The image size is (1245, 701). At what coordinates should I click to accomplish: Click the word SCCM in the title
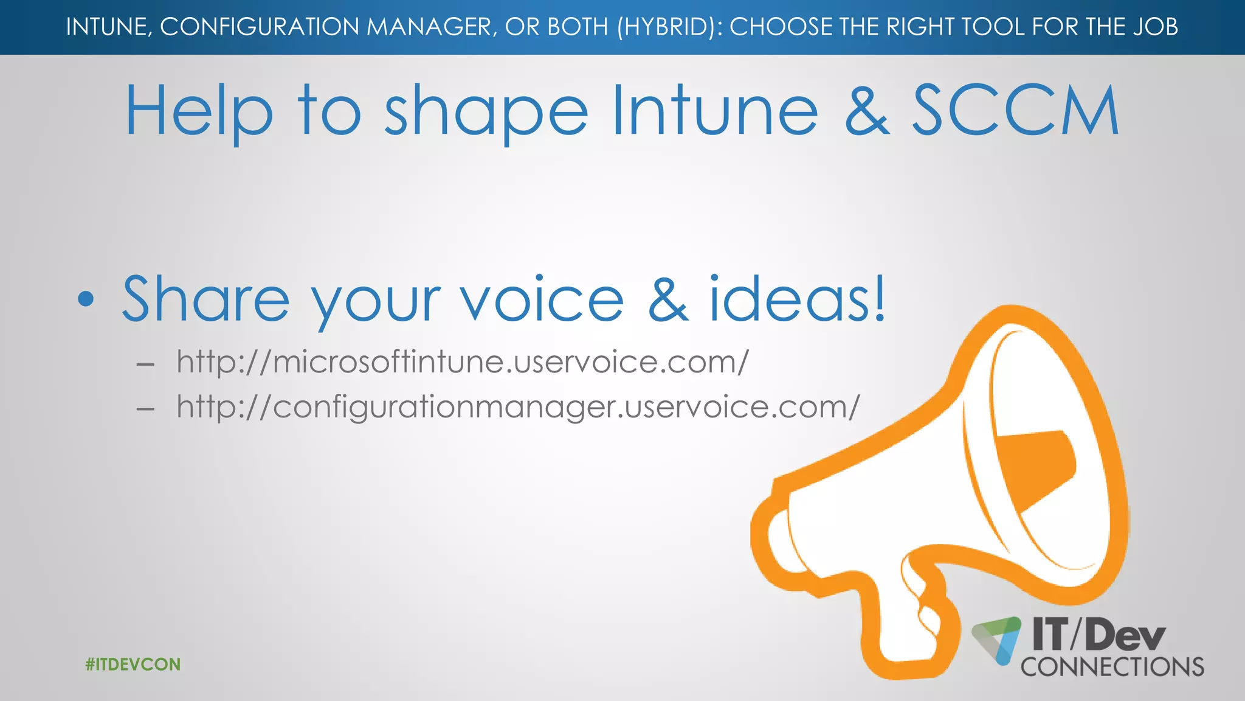(x=1015, y=111)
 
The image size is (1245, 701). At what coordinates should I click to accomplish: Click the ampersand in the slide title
(x=867, y=112)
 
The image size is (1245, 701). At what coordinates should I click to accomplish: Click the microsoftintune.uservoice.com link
(x=462, y=362)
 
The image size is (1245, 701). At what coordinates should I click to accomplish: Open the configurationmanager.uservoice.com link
(x=518, y=407)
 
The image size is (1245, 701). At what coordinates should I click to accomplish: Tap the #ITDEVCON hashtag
(x=133, y=664)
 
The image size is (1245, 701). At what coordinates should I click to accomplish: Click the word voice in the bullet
(x=542, y=299)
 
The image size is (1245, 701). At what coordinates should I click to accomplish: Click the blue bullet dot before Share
(x=86, y=299)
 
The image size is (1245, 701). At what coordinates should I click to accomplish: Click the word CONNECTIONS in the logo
(x=1112, y=667)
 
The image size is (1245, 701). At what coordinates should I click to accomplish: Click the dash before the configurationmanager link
(x=145, y=409)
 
